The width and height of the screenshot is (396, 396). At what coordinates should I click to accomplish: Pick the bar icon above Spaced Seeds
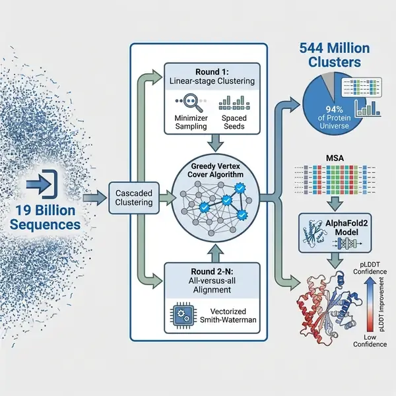click(x=231, y=104)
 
